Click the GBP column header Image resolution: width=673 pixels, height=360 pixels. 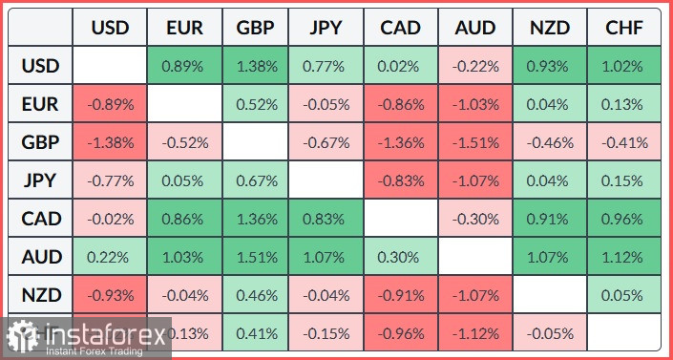click(x=257, y=28)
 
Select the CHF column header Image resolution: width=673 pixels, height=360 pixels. click(x=624, y=28)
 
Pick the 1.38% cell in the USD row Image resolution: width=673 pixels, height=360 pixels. click(x=257, y=67)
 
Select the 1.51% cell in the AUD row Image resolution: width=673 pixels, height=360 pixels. click(x=257, y=258)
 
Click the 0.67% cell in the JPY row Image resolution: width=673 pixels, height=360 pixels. click(x=257, y=181)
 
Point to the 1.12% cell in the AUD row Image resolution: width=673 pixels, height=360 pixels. click(x=624, y=258)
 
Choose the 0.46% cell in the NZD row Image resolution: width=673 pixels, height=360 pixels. click(x=257, y=295)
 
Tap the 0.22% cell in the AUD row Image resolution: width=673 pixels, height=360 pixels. click(x=110, y=258)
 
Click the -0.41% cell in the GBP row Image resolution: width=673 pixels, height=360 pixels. click(x=624, y=143)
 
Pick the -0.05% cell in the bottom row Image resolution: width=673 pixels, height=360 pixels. click(x=551, y=332)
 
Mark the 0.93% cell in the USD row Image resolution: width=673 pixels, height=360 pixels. click(x=551, y=67)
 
